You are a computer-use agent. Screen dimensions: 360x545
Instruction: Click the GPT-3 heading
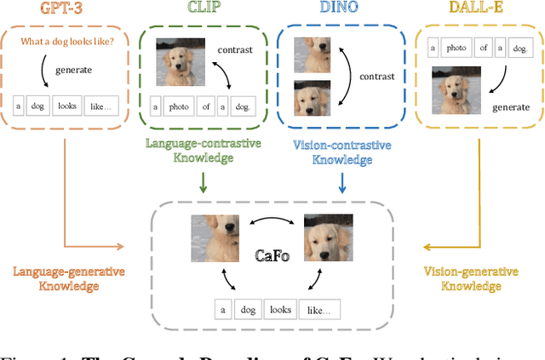(68, 10)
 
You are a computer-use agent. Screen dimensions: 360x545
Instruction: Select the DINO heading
(339, 10)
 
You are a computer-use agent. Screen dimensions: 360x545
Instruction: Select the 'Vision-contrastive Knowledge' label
(339, 151)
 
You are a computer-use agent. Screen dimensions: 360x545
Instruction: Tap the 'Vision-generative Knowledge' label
(471, 278)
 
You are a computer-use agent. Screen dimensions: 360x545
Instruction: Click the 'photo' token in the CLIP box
(181, 106)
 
